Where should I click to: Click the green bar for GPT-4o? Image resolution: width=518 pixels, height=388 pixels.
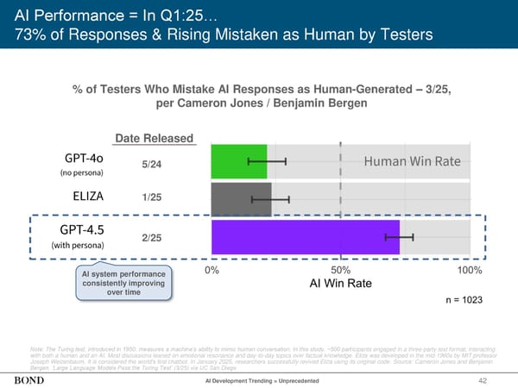coord(238,162)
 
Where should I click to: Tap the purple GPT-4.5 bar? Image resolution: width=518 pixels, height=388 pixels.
coord(305,236)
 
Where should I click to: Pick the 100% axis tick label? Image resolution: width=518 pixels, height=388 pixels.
coord(468,270)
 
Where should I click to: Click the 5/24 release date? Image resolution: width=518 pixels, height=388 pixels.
coord(150,166)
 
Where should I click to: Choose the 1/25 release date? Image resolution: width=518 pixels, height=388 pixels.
coord(150,197)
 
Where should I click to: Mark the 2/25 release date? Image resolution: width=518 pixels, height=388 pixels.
coord(150,237)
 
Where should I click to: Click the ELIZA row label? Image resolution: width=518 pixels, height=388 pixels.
coord(82,196)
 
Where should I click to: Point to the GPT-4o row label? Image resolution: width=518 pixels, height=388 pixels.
coord(83,159)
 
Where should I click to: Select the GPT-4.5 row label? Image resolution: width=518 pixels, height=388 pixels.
coord(83,230)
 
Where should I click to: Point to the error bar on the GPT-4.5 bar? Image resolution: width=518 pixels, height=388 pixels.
coord(400,236)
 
